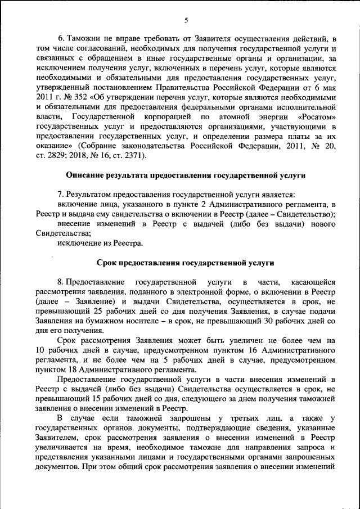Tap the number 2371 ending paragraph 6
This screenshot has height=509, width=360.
(x=134, y=155)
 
